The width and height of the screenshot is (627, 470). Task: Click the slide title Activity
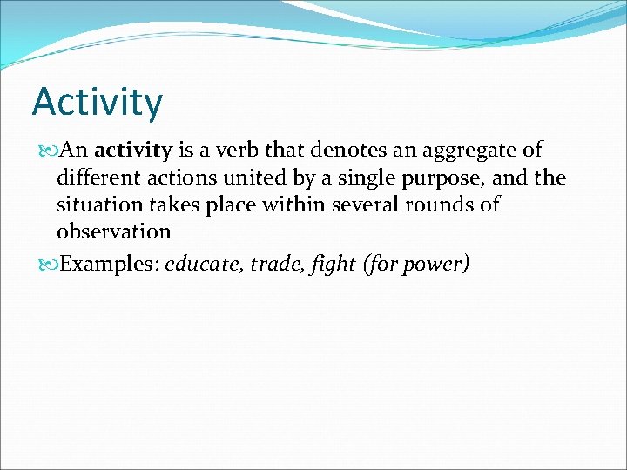pos(97,103)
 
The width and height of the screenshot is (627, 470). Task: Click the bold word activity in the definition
pos(132,151)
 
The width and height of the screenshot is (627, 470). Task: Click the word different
pos(96,178)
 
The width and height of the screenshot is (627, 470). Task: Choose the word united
pos(246,178)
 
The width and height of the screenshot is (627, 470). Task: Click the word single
pos(351,179)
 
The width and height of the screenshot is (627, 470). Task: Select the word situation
pos(96,205)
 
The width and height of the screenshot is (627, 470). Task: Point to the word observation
pos(114,232)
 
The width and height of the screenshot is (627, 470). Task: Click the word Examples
pos(105,265)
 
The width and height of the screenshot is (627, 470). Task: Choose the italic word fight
pos(334,265)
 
